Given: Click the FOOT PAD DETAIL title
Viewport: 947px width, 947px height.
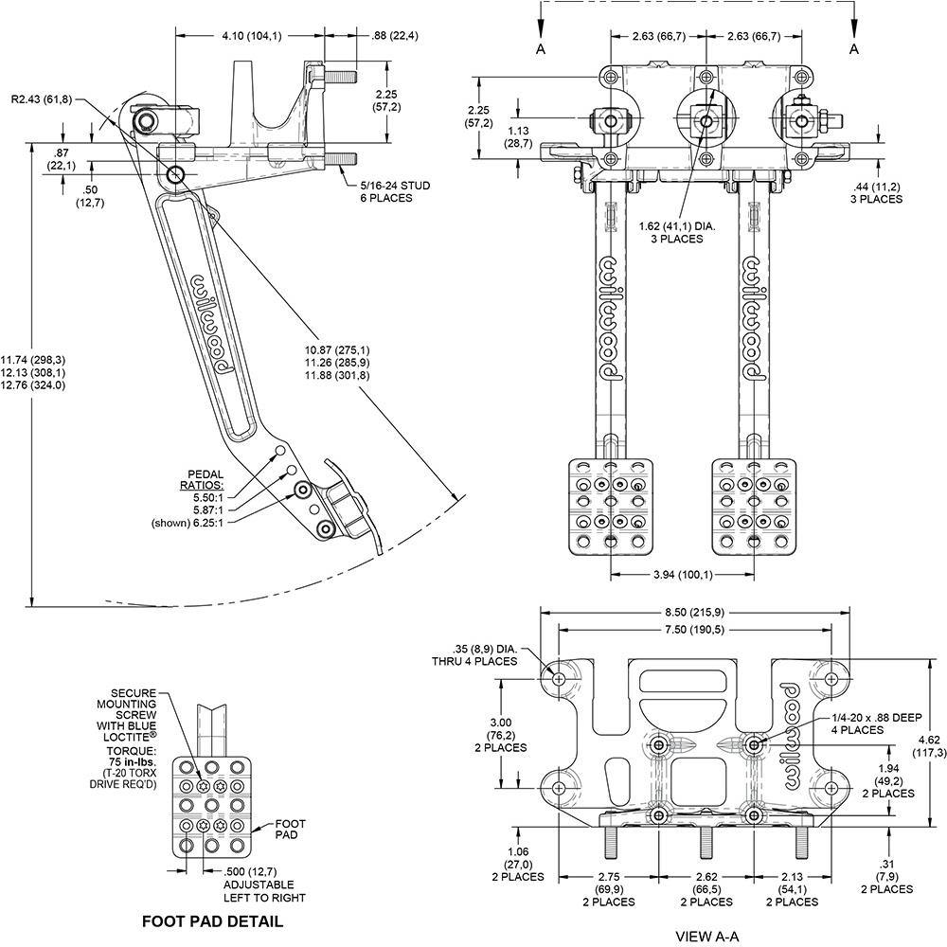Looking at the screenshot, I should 212,920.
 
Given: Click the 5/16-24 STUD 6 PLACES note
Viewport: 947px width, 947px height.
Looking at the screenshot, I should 395,191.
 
